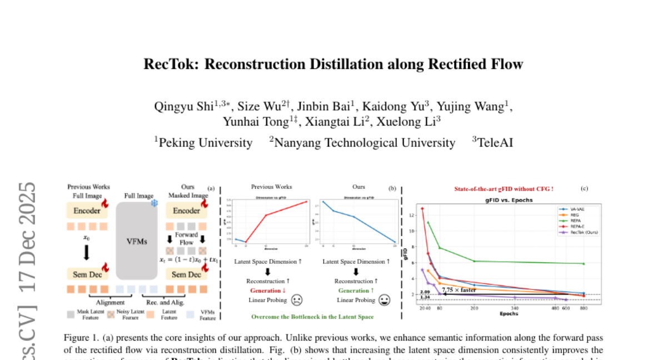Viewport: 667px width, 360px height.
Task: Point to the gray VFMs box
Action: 137,241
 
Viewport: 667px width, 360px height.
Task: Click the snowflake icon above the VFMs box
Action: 155,204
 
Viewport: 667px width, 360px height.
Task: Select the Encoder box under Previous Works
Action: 87,211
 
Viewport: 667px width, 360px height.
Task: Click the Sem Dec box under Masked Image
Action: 186,274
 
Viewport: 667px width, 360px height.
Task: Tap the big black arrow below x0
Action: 86,252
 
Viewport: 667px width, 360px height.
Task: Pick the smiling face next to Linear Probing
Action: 384,301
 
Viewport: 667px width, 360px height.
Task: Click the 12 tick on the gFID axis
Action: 412,215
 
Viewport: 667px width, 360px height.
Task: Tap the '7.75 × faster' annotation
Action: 459,290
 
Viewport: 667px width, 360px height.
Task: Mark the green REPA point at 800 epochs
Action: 583,263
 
